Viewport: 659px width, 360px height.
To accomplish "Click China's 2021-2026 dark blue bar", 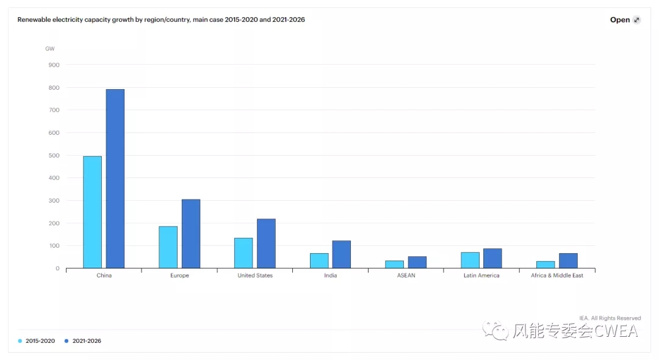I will [x=115, y=178].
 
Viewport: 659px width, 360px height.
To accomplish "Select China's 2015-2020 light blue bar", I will [x=92, y=212].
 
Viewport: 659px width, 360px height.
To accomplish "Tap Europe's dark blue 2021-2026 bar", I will [x=190, y=234].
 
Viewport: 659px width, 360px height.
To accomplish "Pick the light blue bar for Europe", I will [x=168, y=247].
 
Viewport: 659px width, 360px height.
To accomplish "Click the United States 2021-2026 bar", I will [x=266, y=243].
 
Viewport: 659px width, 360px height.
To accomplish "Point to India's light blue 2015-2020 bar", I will [x=319, y=261].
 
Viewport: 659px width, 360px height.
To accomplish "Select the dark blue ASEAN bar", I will [x=417, y=262].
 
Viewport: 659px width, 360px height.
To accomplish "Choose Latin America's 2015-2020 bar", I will [x=470, y=260].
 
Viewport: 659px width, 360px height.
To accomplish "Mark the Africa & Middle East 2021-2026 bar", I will [x=568, y=261].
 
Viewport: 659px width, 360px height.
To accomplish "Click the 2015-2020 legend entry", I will [x=38, y=341].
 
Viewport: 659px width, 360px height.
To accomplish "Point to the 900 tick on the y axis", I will [x=54, y=65].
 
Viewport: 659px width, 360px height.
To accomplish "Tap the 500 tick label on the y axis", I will [x=54, y=156].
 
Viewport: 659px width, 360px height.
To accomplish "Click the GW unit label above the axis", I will [x=50, y=48].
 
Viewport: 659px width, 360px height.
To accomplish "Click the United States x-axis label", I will [x=255, y=276].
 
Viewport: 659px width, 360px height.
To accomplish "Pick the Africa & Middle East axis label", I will [x=556, y=276].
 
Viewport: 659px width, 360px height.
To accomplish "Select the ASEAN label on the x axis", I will [x=406, y=276].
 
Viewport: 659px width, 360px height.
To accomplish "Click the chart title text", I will [x=161, y=20].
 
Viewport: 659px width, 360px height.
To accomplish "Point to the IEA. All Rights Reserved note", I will [x=610, y=318].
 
